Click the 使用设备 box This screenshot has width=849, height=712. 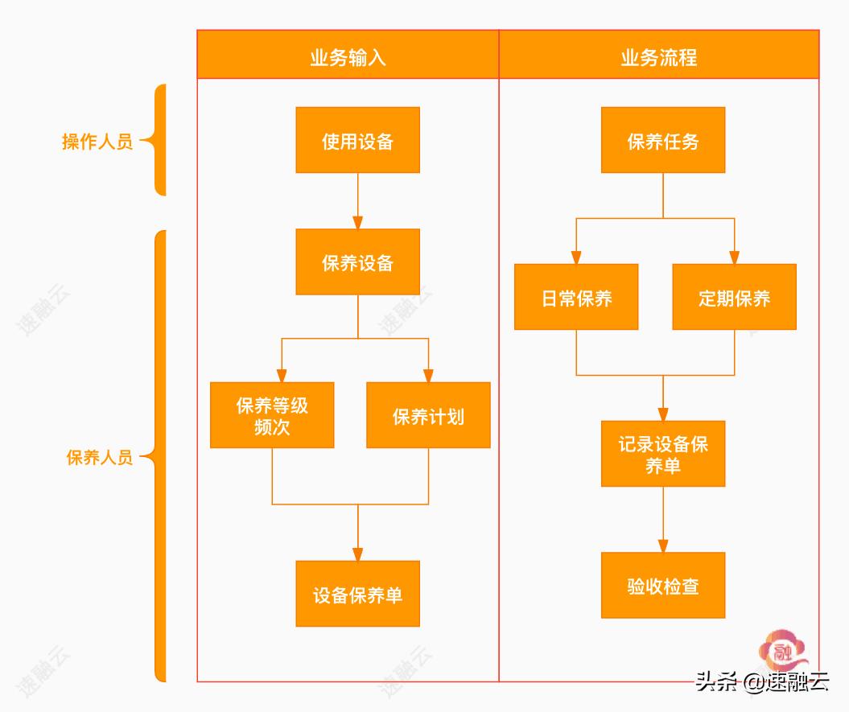pos(357,140)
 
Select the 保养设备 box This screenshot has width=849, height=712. pos(357,262)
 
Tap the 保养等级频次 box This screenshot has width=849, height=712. pos(272,415)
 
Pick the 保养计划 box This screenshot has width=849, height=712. pos(428,415)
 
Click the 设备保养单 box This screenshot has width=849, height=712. pos(357,594)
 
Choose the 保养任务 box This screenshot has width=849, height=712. pos(663,140)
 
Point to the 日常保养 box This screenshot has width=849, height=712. pos(576,297)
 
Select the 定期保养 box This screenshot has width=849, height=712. pos(734,297)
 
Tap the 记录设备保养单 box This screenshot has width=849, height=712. pos(663,454)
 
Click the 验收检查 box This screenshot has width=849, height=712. pos(663,585)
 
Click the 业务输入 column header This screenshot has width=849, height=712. pos(348,56)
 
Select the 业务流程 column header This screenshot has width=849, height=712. pos(658,56)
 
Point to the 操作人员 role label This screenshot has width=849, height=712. pos(97,142)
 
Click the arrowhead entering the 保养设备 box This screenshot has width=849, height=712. pos(357,222)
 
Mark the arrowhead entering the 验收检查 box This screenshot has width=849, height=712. pos(663,545)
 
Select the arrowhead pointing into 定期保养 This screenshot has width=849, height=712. pos(734,257)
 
